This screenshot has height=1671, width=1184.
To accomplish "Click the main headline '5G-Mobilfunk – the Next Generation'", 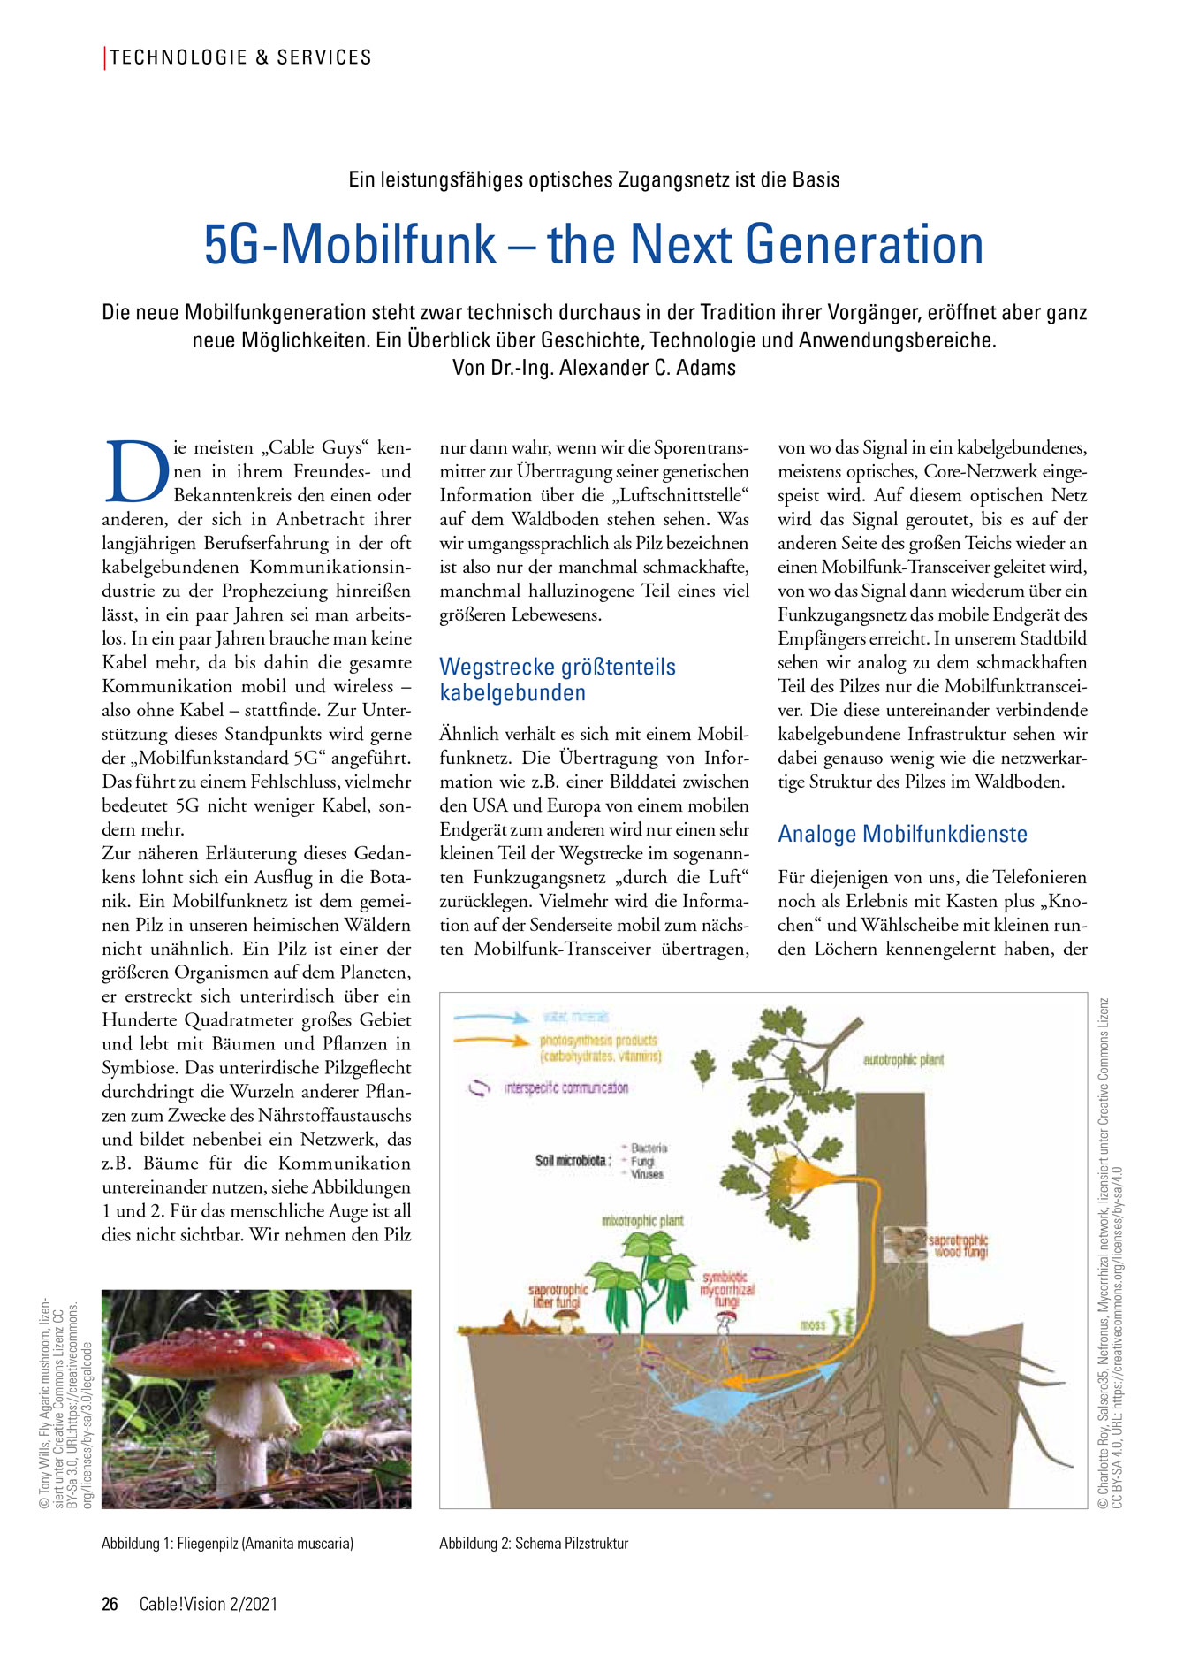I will click(593, 245).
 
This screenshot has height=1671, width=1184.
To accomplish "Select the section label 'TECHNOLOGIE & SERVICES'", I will click(240, 58).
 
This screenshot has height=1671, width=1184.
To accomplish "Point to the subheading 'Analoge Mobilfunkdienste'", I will click(902, 834).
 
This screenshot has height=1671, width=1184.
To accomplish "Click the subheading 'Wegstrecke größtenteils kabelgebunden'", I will click(558, 679).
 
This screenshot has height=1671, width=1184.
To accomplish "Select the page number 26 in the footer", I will click(110, 1604).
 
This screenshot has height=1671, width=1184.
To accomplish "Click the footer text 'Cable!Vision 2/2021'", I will click(209, 1604).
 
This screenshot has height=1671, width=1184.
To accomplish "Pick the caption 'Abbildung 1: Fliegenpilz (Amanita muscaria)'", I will click(227, 1544).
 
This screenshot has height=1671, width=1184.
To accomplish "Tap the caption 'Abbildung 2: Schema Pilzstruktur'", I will click(534, 1544).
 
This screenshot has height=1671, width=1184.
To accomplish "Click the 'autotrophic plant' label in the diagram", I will click(903, 1059).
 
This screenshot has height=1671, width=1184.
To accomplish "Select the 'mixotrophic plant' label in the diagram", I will click(642, 1221).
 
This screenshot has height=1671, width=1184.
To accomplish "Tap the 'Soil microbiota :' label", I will click(573, 1160).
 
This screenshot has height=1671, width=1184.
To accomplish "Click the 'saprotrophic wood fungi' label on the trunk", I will click(958, 1246).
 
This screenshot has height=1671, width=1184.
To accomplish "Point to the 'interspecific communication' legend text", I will click(565, 1087).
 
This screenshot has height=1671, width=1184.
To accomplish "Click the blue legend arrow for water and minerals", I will click(491, 1018).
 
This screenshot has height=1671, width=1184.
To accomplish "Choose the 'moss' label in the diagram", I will click(812, 1325).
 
